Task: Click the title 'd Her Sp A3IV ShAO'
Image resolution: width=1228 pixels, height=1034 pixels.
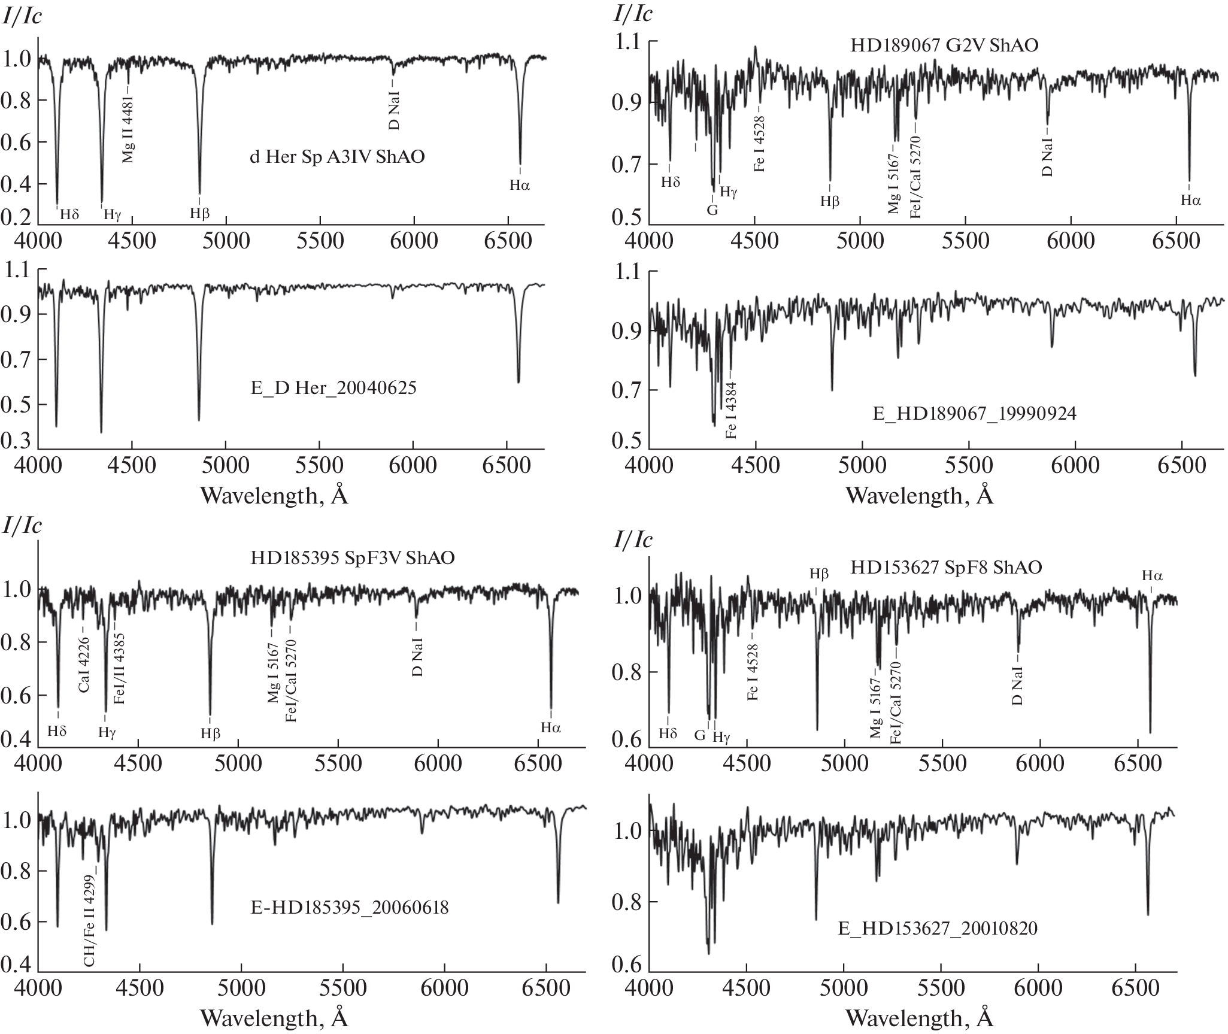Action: coord(337,158)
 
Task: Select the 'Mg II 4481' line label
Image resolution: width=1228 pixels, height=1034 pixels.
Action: coord(128,128)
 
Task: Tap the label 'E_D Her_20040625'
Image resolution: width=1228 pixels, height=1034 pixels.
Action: coord(334,388)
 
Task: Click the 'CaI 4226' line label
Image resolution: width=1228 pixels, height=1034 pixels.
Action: coord(84,665)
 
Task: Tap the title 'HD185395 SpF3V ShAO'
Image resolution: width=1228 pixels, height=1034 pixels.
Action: coord(353,558)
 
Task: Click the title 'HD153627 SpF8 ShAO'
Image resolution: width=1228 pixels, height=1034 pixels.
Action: coord(947,567)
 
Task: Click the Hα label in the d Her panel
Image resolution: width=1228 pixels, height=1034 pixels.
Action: coord(520,186)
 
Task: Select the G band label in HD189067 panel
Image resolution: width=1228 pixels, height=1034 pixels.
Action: coord(712,210)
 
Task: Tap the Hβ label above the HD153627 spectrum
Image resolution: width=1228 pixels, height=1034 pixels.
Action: coord(819,574)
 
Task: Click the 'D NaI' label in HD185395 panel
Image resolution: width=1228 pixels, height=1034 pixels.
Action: coord(418,657)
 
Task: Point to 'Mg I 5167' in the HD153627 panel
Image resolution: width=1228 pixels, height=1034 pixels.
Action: coord(876,708)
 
